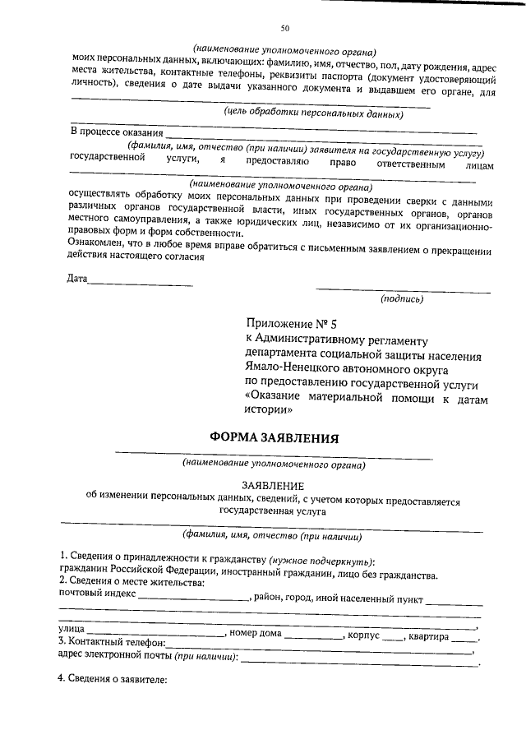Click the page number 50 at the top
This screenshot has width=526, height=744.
tap(284, 29)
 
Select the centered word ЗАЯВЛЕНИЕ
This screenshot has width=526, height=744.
tap(273, 486)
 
